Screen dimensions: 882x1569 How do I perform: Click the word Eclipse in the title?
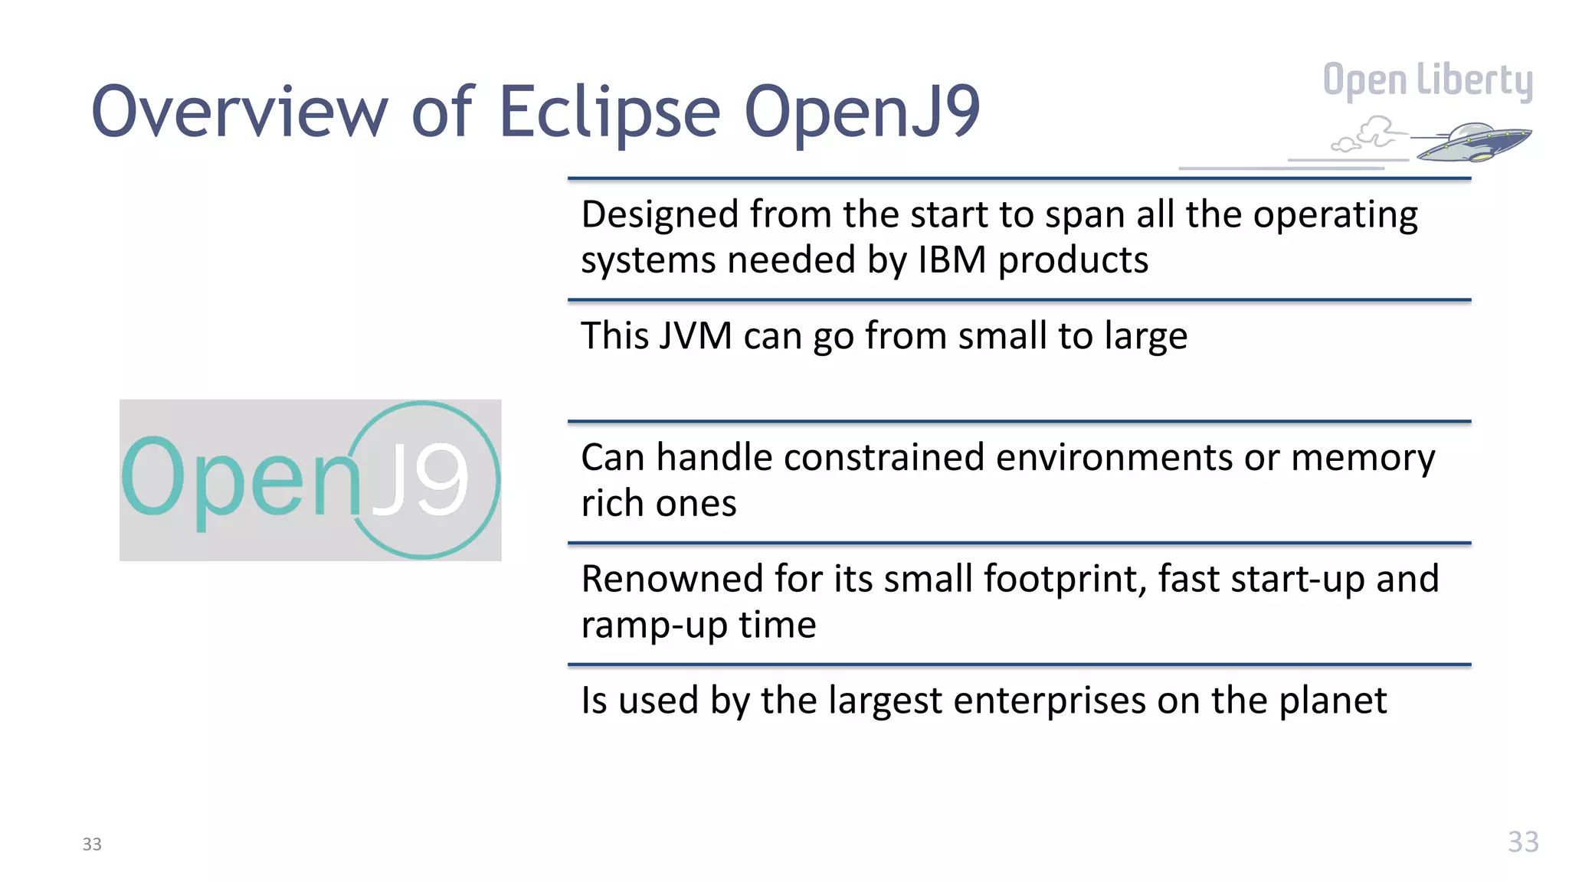tap(609, 112)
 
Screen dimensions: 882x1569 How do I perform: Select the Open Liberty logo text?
tap(1427, 80)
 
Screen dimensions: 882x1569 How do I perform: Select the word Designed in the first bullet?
tap(660, 214)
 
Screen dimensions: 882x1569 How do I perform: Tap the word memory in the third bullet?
tap(1363, 458)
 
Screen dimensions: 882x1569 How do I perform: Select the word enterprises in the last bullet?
tap(1047, 701)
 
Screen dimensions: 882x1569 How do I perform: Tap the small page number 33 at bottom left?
tap(92, 844)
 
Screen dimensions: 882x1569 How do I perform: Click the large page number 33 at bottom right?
tap(1522, 842)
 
